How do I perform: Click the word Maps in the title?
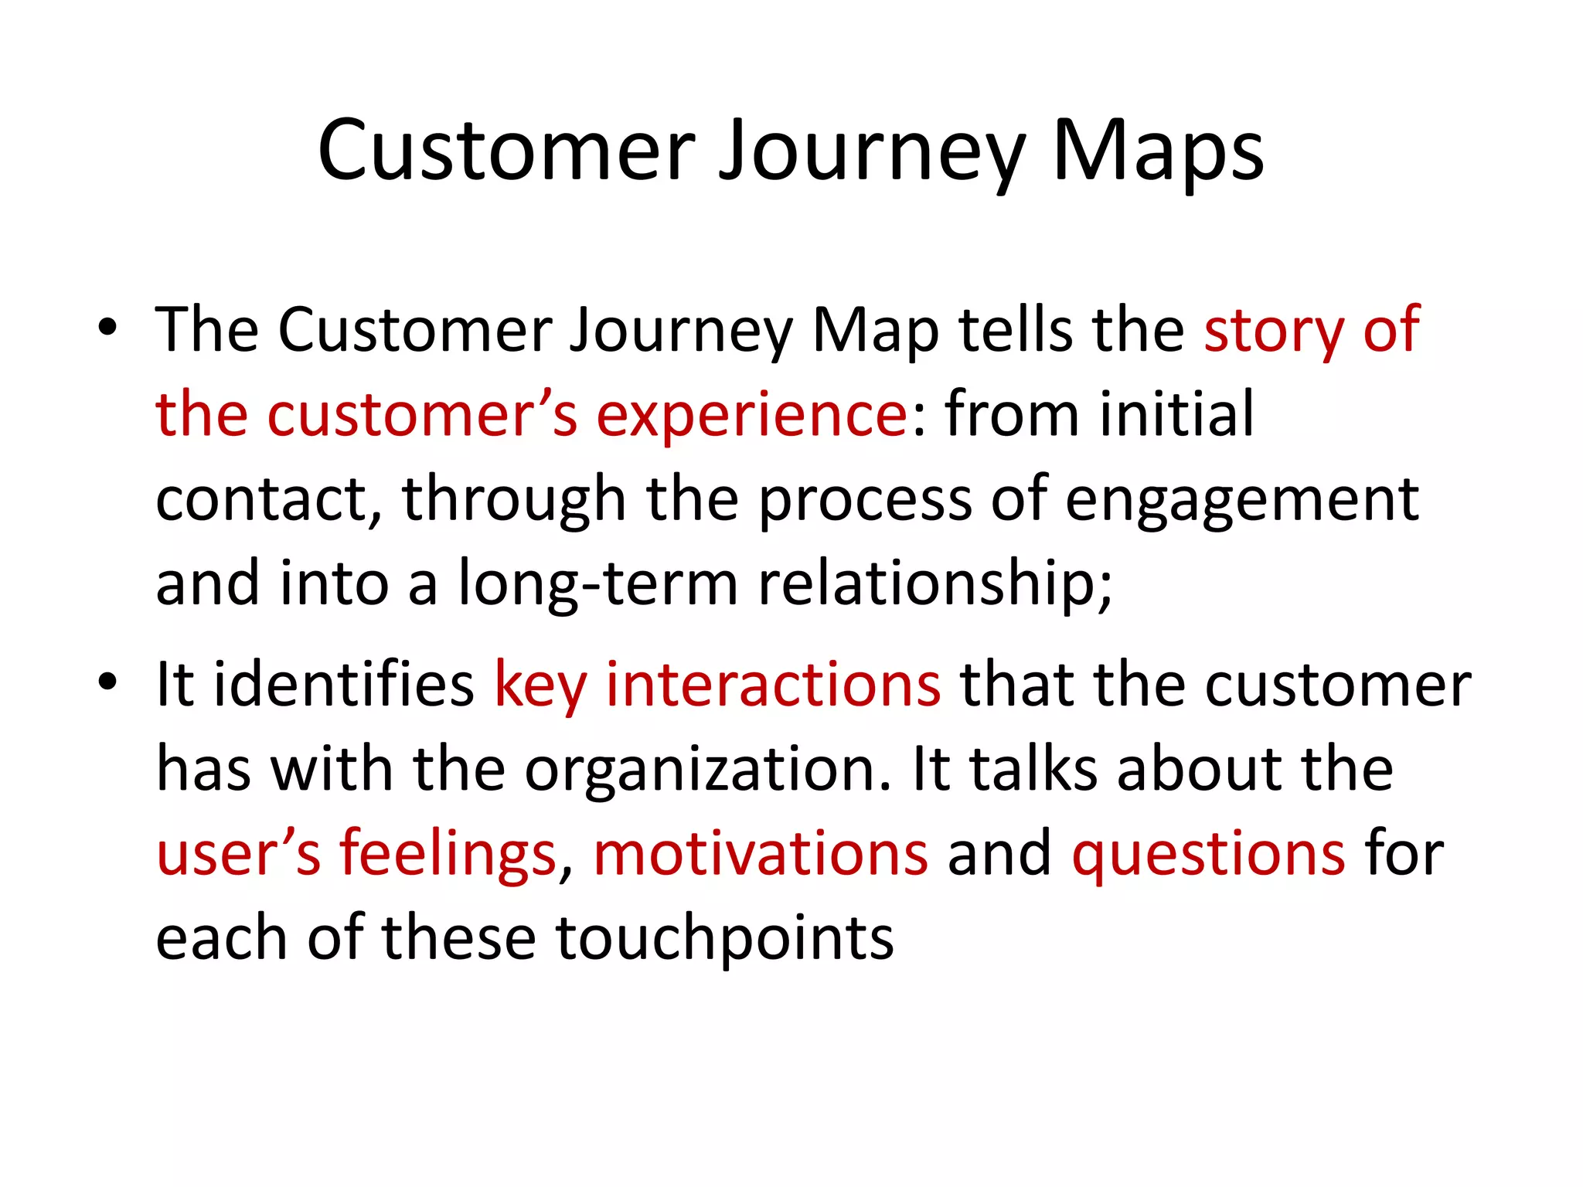(x=1157, y=151)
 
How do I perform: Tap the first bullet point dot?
(x=107, y=328)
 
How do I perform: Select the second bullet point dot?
(x=107, y=682)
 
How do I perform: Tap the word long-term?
(x=598, y=583)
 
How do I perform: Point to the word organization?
(x=708, y=770)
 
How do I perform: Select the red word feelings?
(x=448, y=854)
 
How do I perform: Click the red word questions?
(x=1209, y=854)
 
